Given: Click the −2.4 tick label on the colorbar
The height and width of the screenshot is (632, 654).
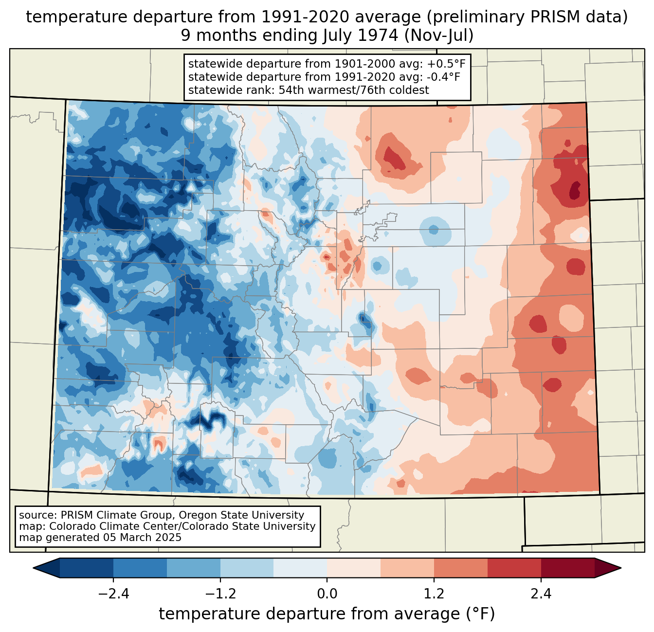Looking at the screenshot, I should coord(113,594).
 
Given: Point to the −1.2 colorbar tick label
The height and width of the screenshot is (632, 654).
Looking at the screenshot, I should coord(220,594).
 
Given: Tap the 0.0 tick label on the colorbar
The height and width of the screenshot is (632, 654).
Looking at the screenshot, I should coord(327,594).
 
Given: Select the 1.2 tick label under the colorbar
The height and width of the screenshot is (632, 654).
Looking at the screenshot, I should coord(434,594).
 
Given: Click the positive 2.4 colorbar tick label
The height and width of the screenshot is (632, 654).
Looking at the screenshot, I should coord(541,594).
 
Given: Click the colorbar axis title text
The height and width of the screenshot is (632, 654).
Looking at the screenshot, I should coord(327,614).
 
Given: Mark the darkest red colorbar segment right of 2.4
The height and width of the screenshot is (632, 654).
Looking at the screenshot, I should coord(567,568).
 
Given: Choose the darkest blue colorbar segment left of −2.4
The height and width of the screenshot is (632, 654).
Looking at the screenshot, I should coord(87,568).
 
